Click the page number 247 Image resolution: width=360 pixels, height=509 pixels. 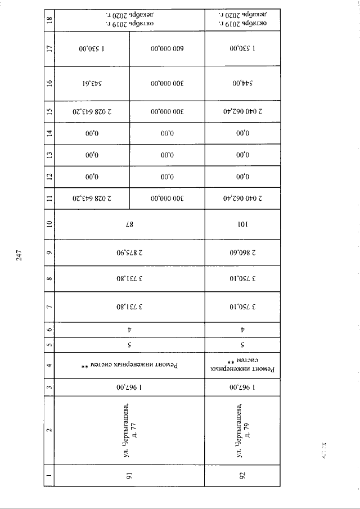pos(19,254)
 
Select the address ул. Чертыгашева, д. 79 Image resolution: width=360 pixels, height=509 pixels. pos(242,430)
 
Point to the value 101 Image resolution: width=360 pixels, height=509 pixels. pos(242,224)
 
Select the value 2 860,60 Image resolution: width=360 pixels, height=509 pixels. pos(242,252)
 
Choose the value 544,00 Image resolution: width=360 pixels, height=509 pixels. pos(242,84)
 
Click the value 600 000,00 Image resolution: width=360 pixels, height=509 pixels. pos(167,49)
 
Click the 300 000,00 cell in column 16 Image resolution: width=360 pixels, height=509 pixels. pos(167,84)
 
